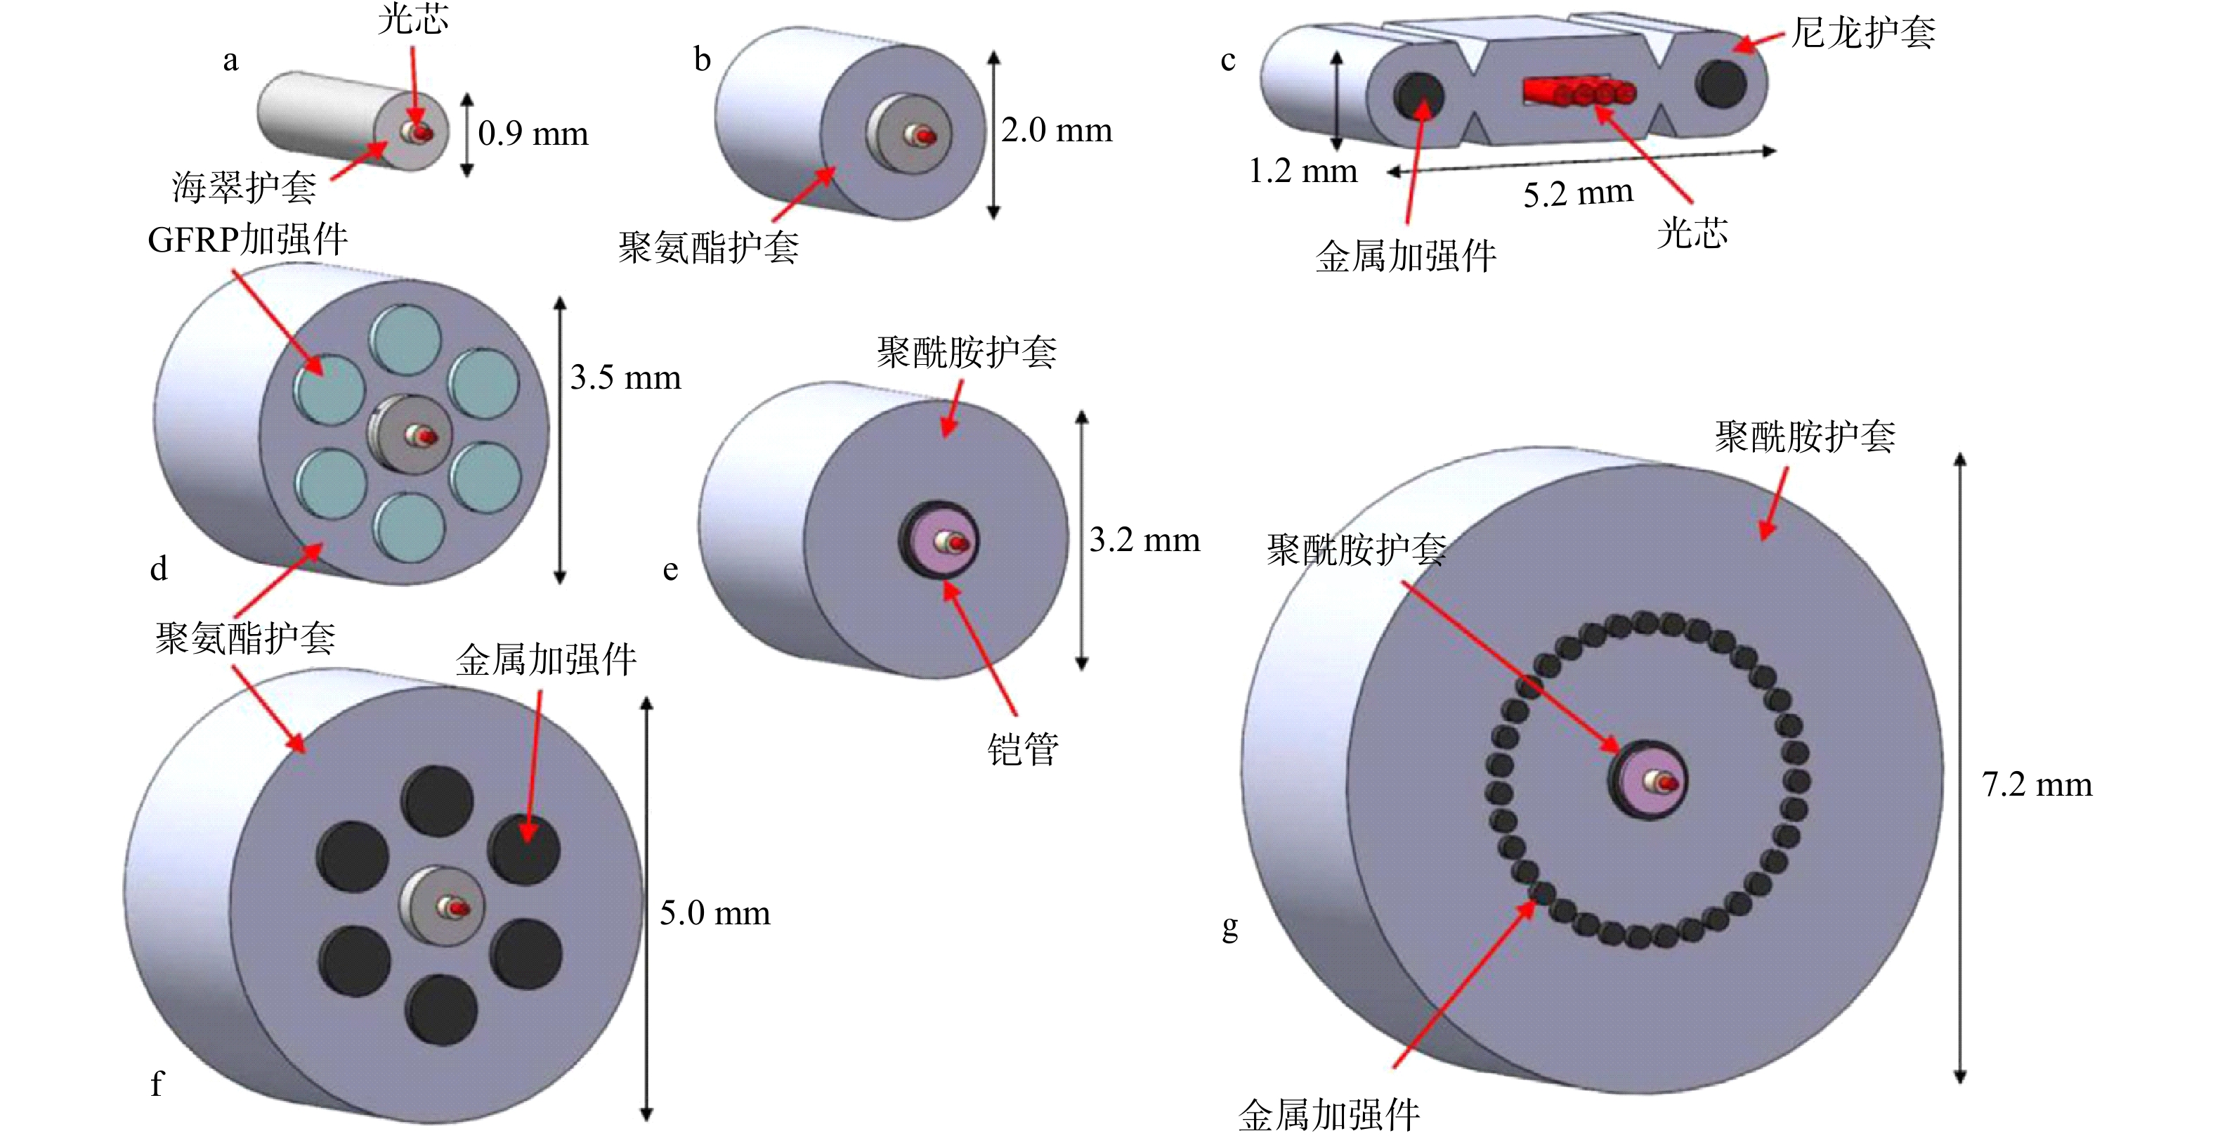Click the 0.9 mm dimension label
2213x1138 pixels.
point(533,134)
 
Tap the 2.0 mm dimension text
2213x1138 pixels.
point(1057,131)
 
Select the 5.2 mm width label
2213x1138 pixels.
point(1578,193)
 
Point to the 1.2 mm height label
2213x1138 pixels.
point(1303,171)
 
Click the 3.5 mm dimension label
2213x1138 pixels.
point(625,377)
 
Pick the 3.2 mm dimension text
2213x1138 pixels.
point(1144,540)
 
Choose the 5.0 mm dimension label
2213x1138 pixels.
point(714,913)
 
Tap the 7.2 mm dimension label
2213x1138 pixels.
point(2037,784)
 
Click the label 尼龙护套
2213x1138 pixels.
point(1863,32)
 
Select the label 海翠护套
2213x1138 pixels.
point(244,186)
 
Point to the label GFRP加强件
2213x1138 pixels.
point(247,239)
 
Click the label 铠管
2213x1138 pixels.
point(1022,749)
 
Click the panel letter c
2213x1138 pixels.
point(1229,61)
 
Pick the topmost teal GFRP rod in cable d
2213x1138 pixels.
point(405,340)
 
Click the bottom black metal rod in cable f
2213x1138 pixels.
point(440,1009)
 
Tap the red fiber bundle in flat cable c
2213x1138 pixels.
point(1579,92)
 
